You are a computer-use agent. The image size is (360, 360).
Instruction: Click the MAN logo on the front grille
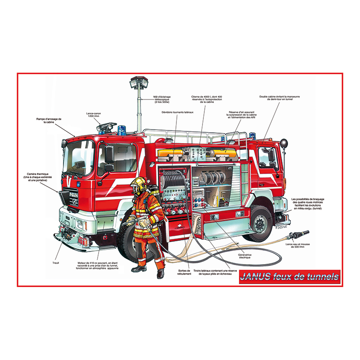73,194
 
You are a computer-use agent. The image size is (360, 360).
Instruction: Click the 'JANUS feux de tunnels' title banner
290,276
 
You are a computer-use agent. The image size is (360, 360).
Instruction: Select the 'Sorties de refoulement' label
184,272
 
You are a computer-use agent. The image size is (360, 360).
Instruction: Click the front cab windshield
79,157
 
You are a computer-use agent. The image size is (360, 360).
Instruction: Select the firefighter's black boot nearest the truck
160,274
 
